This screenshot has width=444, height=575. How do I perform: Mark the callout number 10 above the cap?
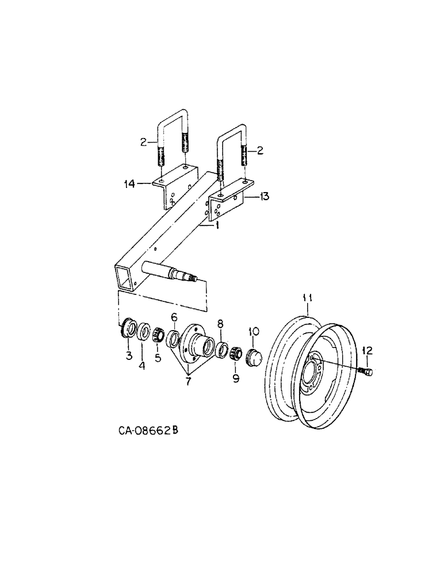tap(254, 331)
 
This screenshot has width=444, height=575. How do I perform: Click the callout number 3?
tap(129, 355)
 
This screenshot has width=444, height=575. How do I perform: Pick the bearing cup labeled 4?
tap(144, 332)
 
